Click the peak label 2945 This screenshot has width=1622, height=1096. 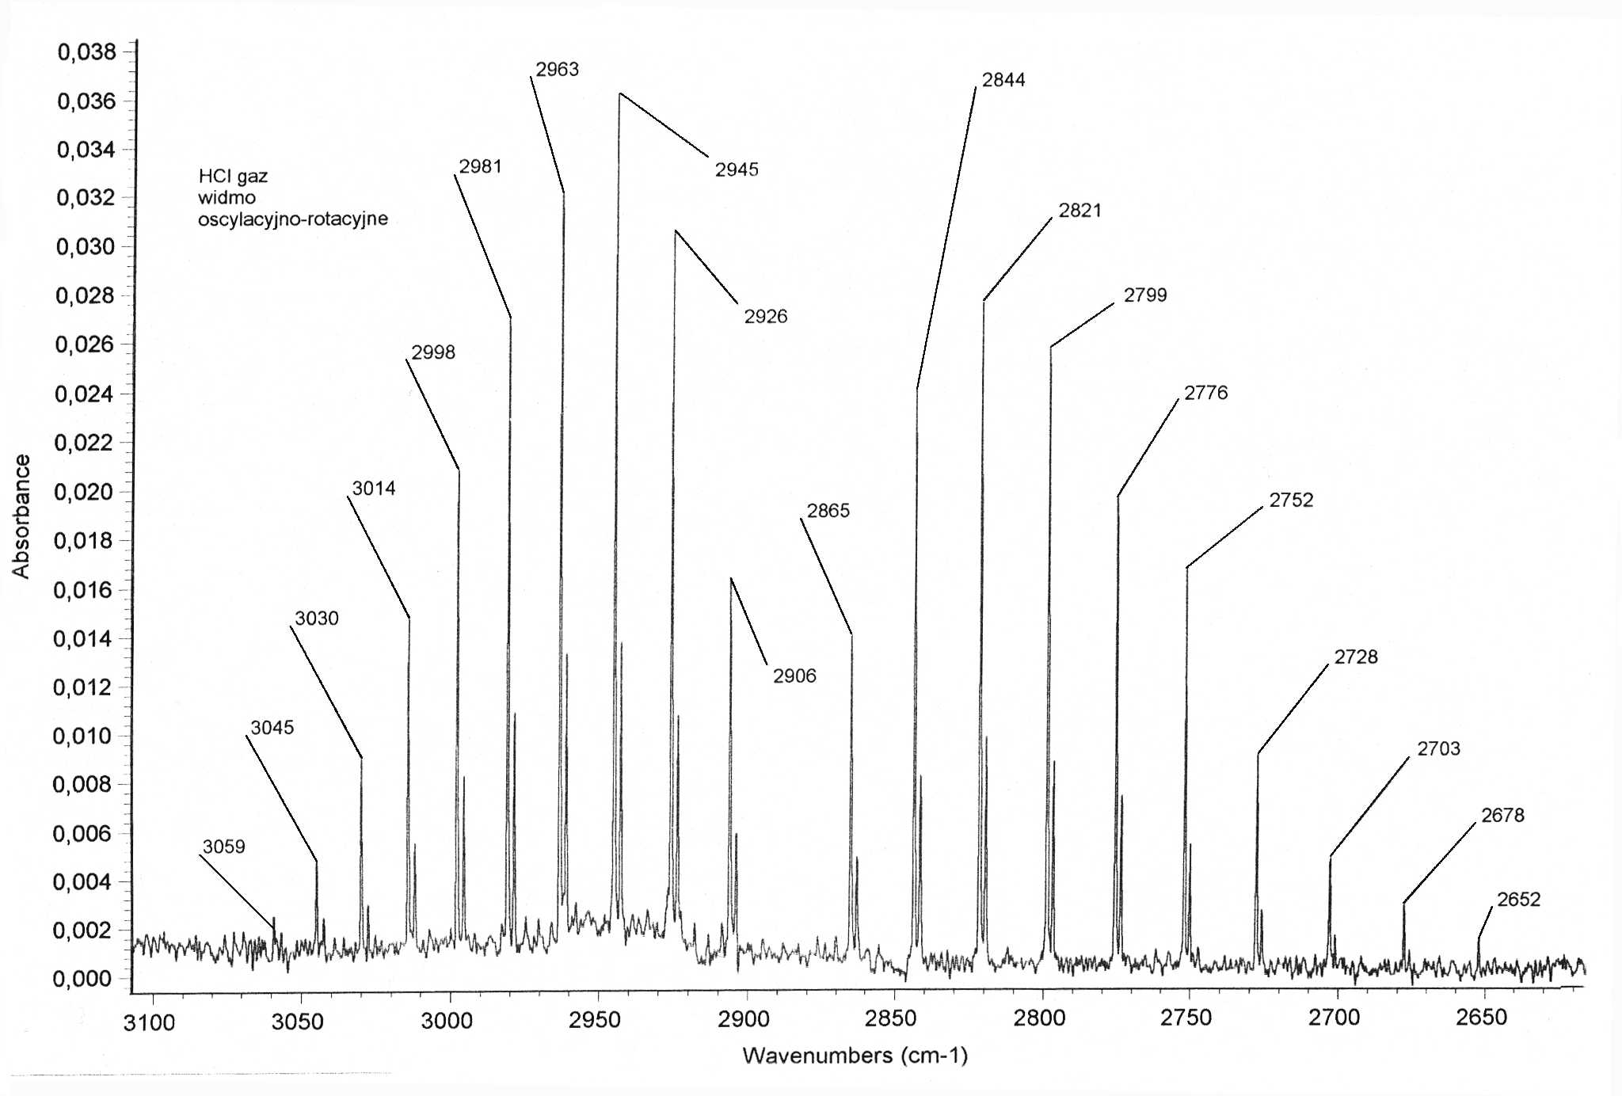737,169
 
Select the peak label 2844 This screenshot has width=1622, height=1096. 1003,80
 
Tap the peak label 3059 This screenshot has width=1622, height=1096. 224,847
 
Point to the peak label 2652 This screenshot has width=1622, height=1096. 1518,900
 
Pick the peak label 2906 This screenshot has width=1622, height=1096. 794,676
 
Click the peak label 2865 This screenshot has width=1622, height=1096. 828,511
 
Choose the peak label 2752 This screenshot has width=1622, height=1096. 1291,500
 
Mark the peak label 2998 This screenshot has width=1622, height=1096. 433,352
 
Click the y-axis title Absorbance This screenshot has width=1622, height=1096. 21,516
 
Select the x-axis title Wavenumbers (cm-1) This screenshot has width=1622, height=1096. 855,1056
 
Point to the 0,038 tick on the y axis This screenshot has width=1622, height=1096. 86,52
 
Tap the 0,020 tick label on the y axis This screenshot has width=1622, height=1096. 83,492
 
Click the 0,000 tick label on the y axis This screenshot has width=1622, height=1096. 82,979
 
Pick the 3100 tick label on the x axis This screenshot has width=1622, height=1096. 149,1022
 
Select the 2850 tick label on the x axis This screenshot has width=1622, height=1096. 890,1018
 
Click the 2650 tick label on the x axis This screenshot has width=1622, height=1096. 1481,1018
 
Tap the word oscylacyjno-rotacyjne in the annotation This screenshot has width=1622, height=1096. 293,219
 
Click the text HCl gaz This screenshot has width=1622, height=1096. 233,176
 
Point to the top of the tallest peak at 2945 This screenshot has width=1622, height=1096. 619,94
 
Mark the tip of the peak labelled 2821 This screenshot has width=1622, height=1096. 984,301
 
